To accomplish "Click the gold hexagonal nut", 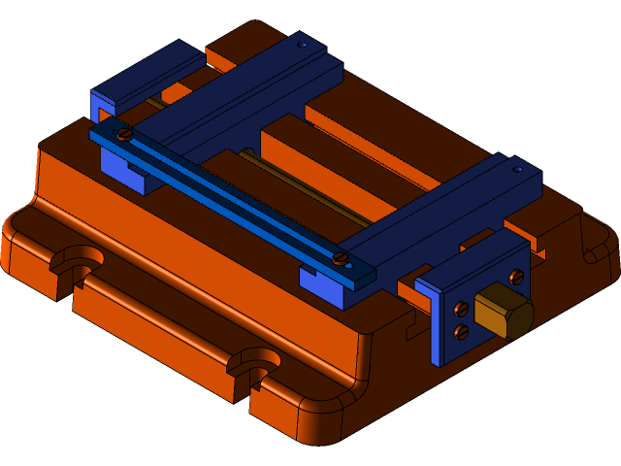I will tap(504, 312).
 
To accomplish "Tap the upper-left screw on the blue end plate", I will tap(461, 309).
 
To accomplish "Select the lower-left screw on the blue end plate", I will tap(461, 332).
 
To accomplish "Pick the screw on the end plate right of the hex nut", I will tap(515, 278).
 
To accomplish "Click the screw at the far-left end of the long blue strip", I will tap(124, 134).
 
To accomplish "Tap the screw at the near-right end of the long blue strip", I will tap(341, 257).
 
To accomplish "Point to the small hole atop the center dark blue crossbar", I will tap(303, 45).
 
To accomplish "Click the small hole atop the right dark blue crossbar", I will tap(518, 169).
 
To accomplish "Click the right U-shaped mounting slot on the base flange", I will tap(254, 363).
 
